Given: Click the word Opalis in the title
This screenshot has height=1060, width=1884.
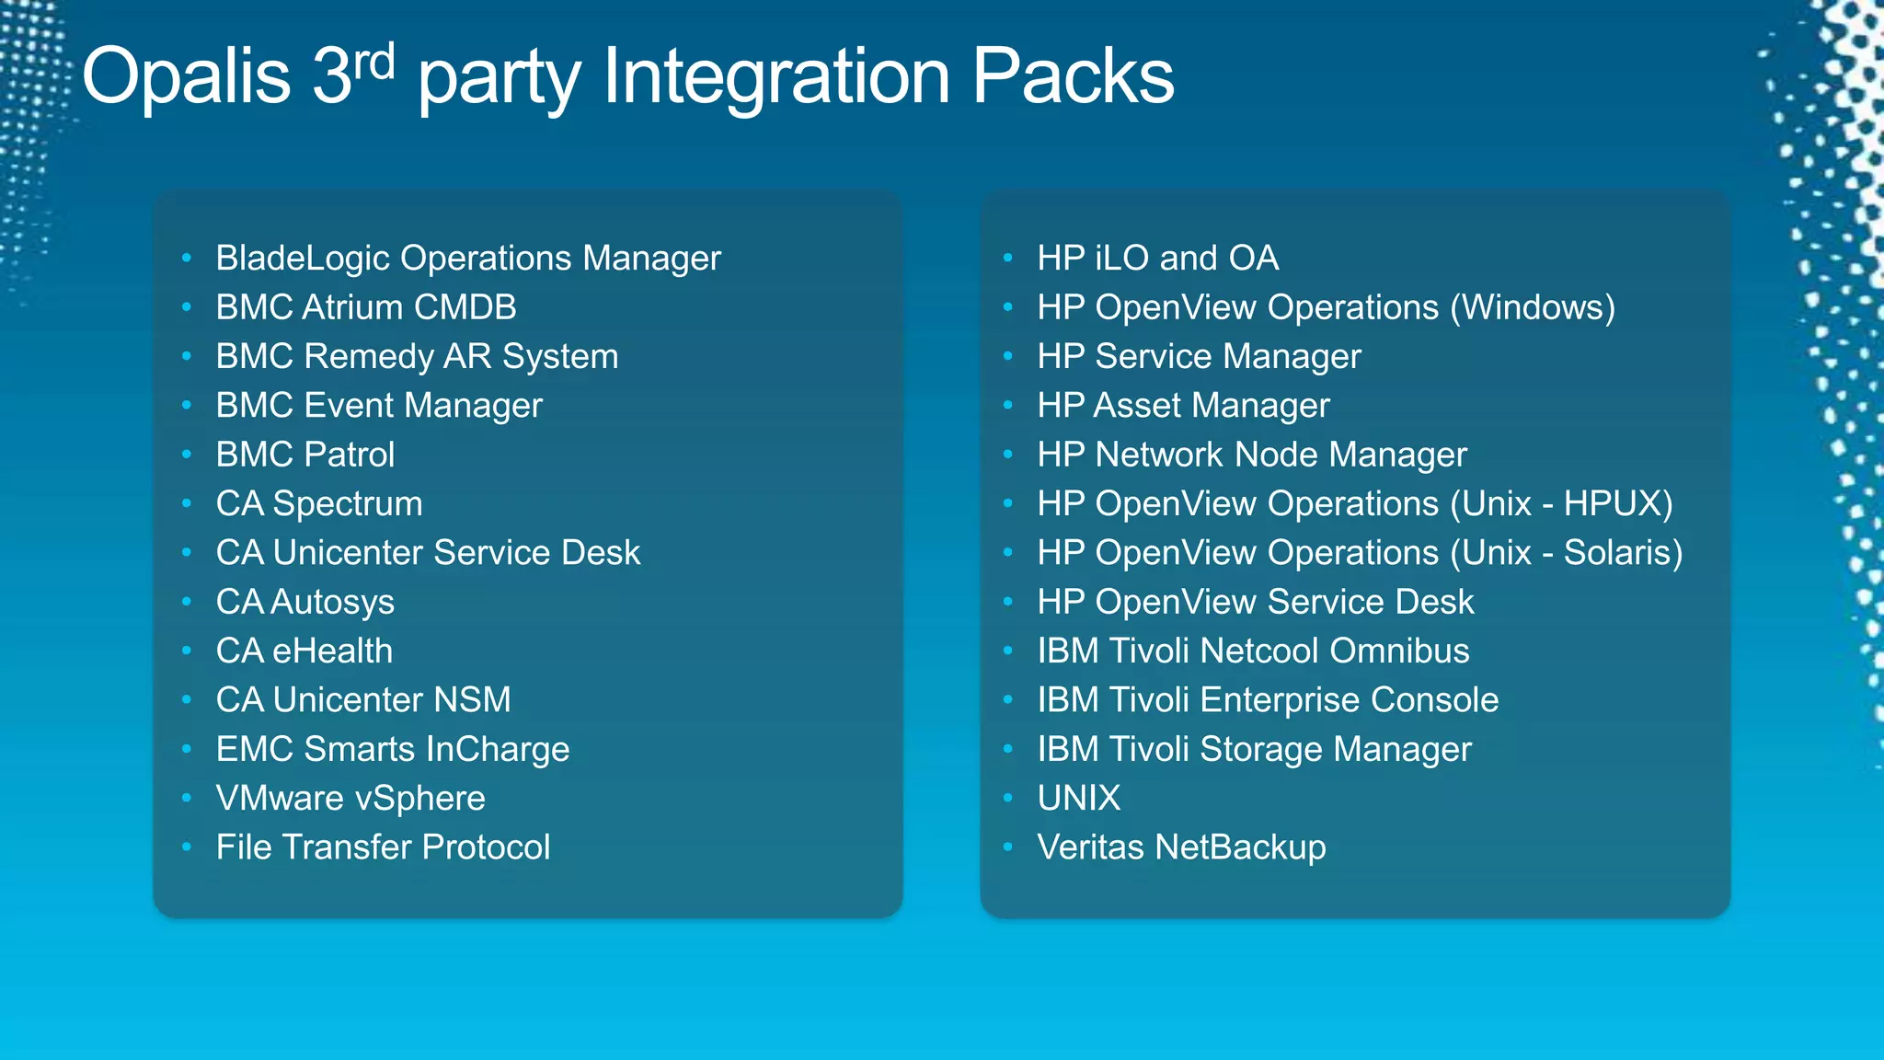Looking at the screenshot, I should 186,77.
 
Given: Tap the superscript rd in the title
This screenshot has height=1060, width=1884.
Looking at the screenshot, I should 374,63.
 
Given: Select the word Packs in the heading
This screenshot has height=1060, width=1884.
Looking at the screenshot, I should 1073,77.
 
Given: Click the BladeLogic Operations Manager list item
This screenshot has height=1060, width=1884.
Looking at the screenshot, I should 467,259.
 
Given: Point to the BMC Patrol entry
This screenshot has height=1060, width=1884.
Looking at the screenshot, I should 304,455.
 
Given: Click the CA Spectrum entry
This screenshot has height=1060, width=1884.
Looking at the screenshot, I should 318,504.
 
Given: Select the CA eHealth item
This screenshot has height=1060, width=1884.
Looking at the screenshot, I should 304,651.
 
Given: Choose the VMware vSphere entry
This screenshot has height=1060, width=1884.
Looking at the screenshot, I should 350,799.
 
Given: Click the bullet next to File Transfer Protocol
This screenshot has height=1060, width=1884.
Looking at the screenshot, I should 187,847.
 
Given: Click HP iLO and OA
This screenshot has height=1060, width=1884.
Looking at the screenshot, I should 1157,259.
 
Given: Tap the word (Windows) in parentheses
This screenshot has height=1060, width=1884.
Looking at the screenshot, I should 1533,308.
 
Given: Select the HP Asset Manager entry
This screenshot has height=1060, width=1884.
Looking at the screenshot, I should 1183,406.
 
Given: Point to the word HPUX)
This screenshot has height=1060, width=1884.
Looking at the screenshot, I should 1618,504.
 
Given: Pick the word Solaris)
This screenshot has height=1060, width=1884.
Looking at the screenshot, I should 1623,553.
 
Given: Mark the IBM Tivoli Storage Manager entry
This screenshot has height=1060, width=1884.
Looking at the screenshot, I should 1254,750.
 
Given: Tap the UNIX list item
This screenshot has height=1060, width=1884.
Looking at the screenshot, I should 1078,799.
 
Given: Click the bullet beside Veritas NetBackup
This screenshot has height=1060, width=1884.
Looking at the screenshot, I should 1008,847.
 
